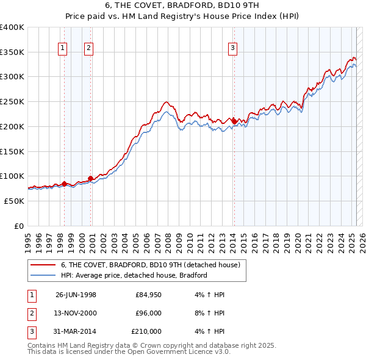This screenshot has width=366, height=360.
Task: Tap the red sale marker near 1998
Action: point(64,184)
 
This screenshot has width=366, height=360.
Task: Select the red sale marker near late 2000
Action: point(90,179)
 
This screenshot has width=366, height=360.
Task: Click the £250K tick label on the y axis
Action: point(12,102)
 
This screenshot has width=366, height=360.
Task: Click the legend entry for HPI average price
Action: point(134,275)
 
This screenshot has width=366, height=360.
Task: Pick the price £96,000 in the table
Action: point(149,313)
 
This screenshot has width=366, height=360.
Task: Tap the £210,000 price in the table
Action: point(146,331)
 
